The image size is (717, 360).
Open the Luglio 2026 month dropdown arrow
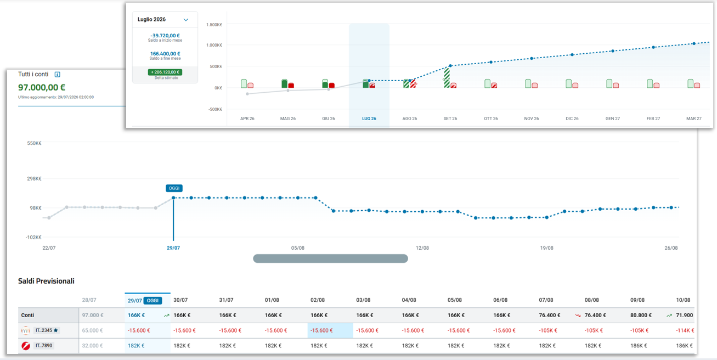point(185,20)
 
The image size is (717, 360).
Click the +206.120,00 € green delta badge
point(165,72)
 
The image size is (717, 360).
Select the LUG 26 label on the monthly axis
point(369,119)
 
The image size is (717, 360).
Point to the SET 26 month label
point(450,119)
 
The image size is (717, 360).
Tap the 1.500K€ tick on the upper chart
point(214,25)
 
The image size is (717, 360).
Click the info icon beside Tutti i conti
point(57,74)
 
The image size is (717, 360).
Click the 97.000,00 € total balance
point(42,87)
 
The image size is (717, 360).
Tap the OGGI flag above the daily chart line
point(174,188)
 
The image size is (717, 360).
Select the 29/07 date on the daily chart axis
point(173,248)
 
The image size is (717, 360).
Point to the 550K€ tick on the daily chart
point(34,143)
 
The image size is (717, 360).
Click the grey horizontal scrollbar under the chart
point(330,258)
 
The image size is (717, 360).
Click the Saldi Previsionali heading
point(46,281)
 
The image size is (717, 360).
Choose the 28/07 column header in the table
point(89,300)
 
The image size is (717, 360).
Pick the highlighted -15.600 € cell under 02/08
point(321,330)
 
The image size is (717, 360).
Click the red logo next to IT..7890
point(26,346)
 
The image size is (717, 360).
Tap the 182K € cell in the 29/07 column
point(136,346)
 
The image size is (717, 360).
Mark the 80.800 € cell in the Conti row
point(641,315)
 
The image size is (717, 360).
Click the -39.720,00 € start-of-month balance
point(165,36)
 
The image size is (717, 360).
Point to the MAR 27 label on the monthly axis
point(693,119)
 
